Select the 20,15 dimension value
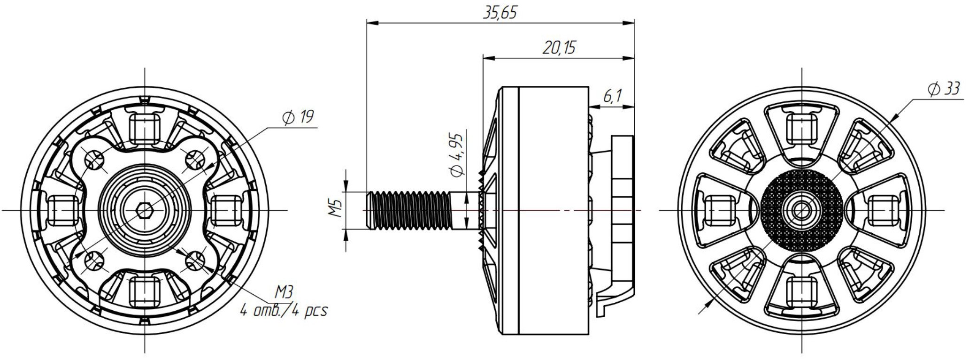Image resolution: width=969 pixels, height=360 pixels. click(559, 48)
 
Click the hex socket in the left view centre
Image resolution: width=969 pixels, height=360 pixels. click(144, 211)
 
